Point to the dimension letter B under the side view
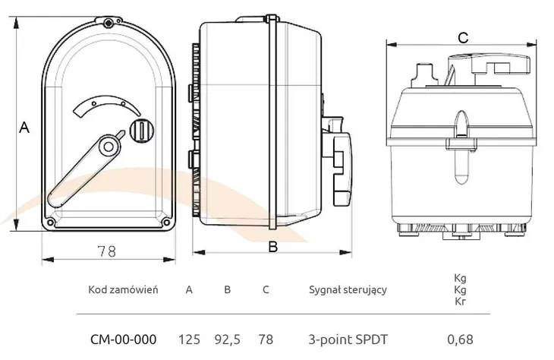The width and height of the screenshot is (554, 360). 273,247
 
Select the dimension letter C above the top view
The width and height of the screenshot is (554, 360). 463,36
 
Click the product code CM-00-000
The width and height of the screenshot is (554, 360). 124,339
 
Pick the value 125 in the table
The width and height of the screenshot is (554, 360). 189,339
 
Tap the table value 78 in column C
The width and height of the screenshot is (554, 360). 265,339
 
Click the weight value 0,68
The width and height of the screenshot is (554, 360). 459,339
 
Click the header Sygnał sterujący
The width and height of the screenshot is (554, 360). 348,289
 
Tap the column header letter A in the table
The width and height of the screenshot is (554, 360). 189,289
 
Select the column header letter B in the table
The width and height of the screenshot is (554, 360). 227,289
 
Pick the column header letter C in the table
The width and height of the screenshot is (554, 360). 265,289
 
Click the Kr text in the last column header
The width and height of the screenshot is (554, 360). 459,302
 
